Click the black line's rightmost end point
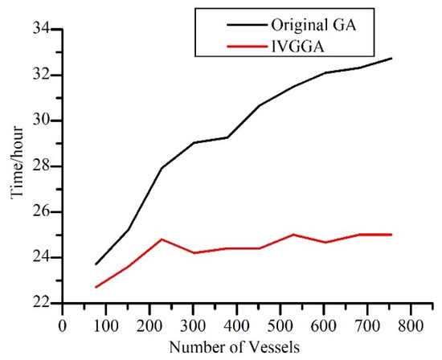pos(391,58)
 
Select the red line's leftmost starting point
pos(96,287)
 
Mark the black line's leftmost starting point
pos(96,264)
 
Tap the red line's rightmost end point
pos(391,235)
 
